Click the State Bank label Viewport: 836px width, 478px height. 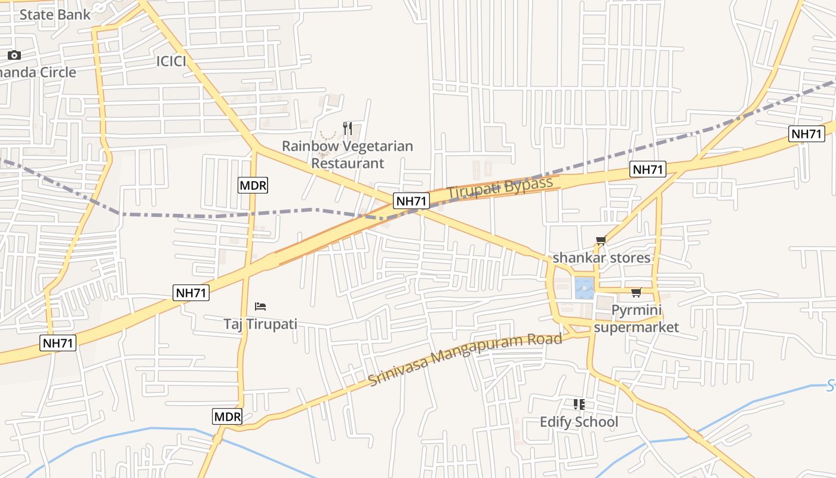[55, 14]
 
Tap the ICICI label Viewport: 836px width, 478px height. [171, 61]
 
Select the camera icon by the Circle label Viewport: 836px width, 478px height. [14, 56]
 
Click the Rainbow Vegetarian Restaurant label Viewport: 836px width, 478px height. [348, 154]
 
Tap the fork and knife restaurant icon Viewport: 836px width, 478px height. [348, 128]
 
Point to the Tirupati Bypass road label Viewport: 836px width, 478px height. [500, 188]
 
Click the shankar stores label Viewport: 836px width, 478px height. [601, 258]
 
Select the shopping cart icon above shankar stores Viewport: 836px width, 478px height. [601, 241]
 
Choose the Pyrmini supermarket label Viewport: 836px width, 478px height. [637, 318]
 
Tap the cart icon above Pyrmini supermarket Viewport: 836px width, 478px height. [636, 293]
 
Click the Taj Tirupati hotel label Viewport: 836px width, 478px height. [260, 324]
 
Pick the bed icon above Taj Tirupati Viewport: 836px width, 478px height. [260, 307]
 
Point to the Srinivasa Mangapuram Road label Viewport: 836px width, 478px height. [465, 359]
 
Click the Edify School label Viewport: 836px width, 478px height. [579, 422]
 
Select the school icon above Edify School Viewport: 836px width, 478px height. [579, 405]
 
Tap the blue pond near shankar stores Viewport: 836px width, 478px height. [584, 288]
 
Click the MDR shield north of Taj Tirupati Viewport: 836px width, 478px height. [253, 185]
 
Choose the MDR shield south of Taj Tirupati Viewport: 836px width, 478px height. [228, 416]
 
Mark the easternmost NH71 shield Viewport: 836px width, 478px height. [807, 134]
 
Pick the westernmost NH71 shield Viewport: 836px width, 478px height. [59, 343]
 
